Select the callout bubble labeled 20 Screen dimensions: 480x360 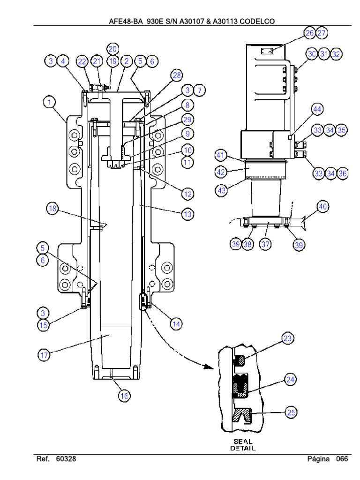(x=112, y=49)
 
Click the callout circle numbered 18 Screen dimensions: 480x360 (x=52, y=209)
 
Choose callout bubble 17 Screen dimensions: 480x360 (x=44, y=356)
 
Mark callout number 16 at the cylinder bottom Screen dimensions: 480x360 (x=124, y=396)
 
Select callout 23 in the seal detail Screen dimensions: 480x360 (x=287, y=338)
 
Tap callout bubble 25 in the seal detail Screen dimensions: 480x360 (x=291, y=412)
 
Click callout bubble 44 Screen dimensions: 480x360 (x=317, y=110)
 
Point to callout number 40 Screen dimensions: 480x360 (x=323, y=206)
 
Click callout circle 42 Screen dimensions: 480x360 (x=221, y=172)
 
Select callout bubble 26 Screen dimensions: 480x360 (x=309, y=33)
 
